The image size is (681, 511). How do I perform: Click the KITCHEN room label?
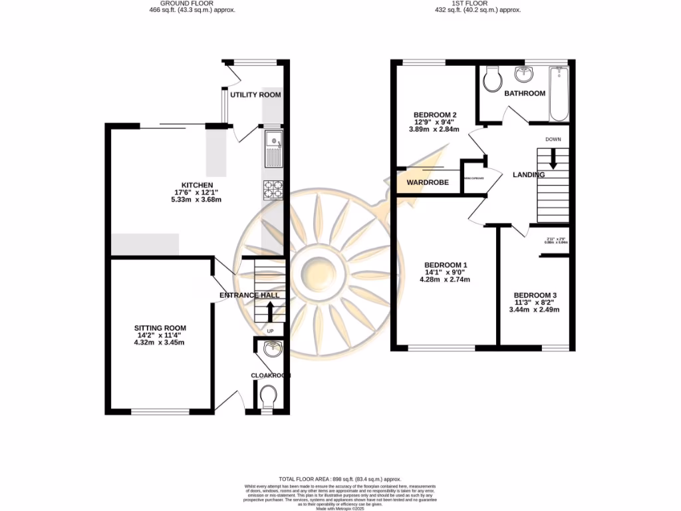(198, 185)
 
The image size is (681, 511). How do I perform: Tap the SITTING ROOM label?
(160, 328)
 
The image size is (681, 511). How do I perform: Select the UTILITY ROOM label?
(255, 95)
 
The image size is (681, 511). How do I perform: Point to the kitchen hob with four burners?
(273, 190)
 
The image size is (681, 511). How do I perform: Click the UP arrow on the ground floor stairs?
(270, 311)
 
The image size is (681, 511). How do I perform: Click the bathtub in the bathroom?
(559, 94)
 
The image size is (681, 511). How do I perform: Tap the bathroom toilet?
(493, 81)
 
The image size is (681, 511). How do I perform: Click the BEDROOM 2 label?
(436, 114)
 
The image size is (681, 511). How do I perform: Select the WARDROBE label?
(428, 182)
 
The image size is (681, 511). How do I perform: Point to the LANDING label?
(529, 175)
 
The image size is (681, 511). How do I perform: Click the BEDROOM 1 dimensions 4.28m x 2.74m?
(446, 279)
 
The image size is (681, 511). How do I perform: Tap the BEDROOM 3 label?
(535, 295)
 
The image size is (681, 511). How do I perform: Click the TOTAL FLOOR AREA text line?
(340, 479)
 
